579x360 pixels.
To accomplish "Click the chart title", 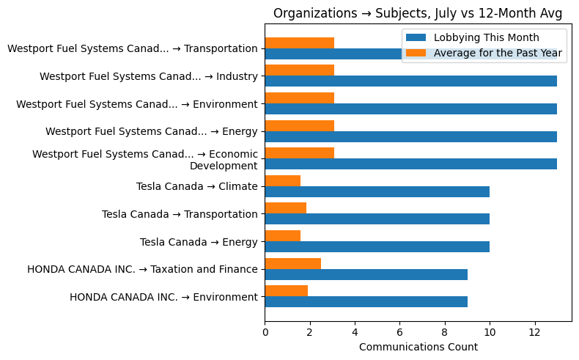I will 417,13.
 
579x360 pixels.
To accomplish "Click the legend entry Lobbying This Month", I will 486,38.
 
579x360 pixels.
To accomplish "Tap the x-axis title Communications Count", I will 418,347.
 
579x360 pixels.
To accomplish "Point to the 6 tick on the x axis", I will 399,331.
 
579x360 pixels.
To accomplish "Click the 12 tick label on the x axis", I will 535,331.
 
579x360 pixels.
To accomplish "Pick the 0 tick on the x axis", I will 265,331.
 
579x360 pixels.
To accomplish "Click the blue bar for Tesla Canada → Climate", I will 377,191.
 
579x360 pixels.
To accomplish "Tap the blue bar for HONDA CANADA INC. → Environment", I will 366,301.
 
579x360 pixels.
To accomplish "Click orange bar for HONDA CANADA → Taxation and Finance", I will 292,263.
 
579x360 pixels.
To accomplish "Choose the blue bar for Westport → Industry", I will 410,81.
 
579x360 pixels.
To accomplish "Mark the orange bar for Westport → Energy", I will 299,125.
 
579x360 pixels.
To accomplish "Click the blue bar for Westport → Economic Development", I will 410,164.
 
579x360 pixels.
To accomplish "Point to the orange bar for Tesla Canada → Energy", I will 282,235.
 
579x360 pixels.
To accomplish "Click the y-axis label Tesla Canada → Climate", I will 196,186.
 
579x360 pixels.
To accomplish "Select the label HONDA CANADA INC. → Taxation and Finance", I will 142,269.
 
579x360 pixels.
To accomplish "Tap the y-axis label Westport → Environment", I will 136,104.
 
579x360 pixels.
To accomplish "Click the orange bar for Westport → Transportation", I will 299,43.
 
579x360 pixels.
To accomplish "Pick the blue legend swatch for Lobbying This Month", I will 416,38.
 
